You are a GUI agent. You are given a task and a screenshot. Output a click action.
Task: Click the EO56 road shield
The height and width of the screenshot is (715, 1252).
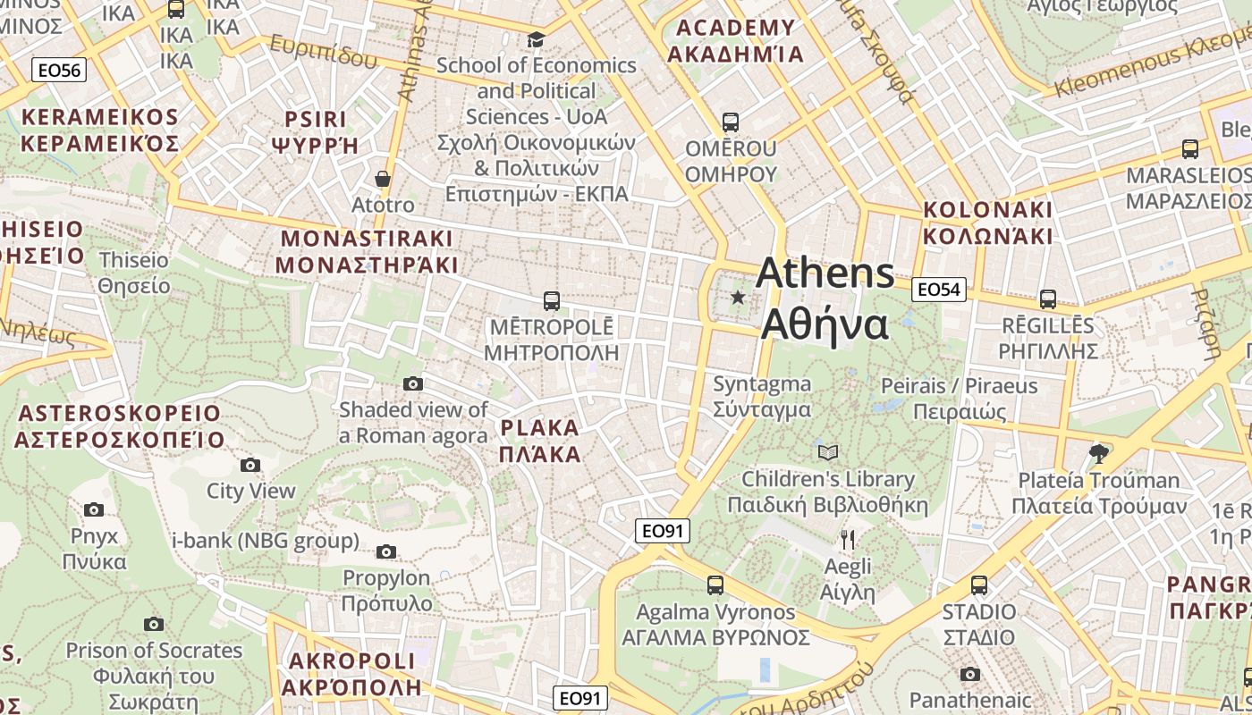[59, 71]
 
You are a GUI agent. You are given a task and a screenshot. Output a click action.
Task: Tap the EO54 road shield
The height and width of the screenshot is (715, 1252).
[939, 289]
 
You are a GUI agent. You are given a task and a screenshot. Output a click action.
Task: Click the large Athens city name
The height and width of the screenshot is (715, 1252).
[825, 299]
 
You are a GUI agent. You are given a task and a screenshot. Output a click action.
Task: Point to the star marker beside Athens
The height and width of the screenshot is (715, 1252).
[738, 297]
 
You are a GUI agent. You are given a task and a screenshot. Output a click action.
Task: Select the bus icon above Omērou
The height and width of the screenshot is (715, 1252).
[731, 122]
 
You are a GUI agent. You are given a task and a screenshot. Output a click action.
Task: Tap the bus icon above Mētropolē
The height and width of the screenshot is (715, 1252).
[552, 301]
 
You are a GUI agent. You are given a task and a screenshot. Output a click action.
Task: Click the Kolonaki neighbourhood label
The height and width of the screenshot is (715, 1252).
[988, 223]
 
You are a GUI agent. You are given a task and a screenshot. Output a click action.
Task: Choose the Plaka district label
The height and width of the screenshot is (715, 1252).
[540, 441]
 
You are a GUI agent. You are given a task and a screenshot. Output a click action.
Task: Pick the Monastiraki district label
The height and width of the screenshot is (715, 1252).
[367, 252]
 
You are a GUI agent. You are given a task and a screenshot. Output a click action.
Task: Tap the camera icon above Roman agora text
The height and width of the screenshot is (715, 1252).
[412, 383]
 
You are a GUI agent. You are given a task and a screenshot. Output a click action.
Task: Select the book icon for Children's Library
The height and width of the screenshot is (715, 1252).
[828, 452]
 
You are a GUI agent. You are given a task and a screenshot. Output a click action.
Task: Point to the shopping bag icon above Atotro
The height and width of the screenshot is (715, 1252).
[383, 179]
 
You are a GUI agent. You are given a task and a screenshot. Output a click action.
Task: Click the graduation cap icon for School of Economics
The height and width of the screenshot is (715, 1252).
[536, 39]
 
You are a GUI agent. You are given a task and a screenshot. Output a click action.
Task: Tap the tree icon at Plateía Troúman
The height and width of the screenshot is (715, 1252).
[1099, 454]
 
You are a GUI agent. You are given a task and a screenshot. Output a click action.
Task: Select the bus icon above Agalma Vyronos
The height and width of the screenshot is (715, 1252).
[715, 585]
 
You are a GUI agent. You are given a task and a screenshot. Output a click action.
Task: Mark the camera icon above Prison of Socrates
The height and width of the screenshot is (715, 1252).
[154, 624]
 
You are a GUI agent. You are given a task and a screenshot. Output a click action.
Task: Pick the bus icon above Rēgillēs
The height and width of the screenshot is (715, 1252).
[1048, 299]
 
